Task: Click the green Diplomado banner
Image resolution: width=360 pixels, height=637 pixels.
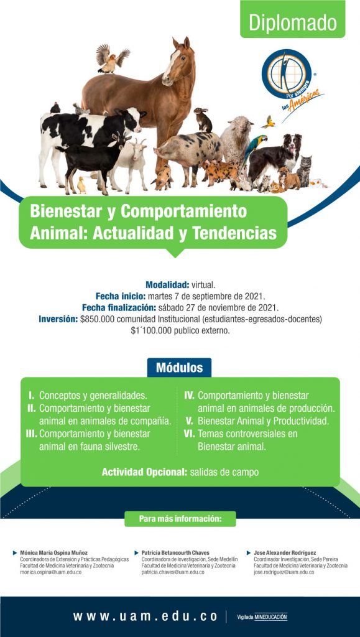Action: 292,19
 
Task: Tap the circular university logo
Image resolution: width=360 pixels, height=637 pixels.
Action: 287,73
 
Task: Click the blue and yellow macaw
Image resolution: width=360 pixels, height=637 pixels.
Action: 253,152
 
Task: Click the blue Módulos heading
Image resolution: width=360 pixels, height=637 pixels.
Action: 180,368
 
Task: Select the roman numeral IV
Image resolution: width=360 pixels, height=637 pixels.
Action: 189,395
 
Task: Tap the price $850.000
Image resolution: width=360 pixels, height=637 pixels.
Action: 98,319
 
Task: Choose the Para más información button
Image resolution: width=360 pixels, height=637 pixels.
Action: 180,519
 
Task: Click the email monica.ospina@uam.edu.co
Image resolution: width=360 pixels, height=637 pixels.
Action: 51,572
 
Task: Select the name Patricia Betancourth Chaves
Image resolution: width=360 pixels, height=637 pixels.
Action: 175,553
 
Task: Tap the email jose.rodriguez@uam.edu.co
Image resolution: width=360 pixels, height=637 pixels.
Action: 284,572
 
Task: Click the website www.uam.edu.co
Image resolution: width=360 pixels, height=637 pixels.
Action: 145,616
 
